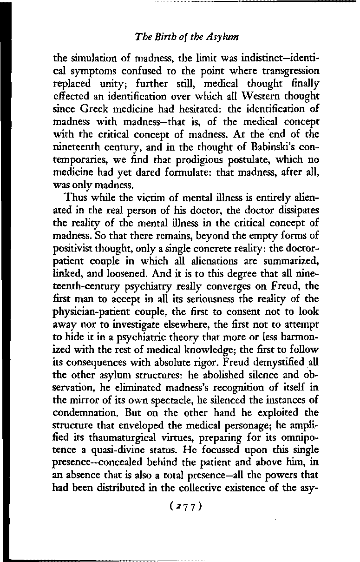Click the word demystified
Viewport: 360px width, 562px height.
point(263,362)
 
